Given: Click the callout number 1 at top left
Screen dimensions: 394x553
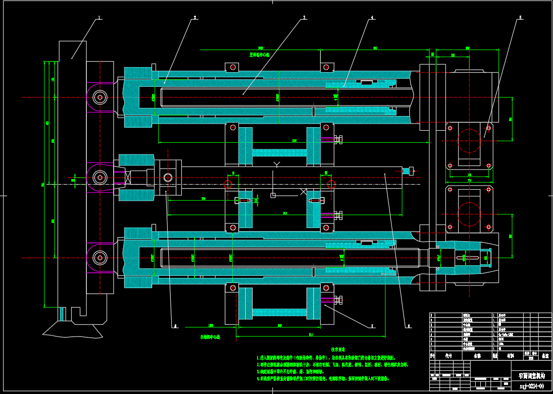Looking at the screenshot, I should [99, 17].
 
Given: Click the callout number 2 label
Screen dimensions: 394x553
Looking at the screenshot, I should [194, 17].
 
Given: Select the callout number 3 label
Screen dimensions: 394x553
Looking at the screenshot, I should [304, 17].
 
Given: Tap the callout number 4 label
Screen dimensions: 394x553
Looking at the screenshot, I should [372, 17].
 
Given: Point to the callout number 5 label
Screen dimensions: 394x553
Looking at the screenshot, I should [520, 17].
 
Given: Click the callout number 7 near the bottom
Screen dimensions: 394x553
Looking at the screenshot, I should [372, 326].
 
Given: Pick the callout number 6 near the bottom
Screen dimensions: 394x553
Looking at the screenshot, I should [409, 326].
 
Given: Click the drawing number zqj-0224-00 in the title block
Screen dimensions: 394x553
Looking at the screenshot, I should [531, 386].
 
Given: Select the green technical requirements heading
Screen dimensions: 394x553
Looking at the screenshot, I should [337, 349].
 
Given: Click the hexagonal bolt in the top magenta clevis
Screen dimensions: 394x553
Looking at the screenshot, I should [100, 97].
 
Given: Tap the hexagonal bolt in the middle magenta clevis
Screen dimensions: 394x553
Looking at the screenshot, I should [100, 177].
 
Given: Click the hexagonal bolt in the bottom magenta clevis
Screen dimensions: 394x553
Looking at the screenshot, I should [100, 258].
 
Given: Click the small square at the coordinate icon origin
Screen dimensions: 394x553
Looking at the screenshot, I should [273, 195].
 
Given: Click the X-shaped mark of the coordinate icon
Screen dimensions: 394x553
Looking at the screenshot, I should [304, 192].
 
